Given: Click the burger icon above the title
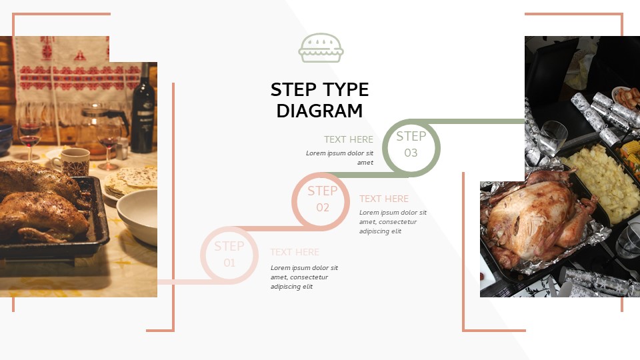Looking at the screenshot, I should pyautogui.click(x=321, y=48).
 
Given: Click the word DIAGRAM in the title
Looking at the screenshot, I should pyautogui.click(x=319, y=111).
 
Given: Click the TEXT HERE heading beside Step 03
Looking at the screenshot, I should pyautogui.click(x=348, y=139).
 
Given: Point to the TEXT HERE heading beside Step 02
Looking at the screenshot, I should pyautogui.click(x=384, y=199).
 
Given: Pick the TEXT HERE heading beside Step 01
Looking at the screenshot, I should pyautogui.click(x=295, y=252).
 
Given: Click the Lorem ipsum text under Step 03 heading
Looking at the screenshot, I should pyautogui.click(x=339, y=157).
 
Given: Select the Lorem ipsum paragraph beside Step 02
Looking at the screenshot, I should pyautogui.click(x=393, y=222).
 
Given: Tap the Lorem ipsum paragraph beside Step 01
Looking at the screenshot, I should pyautogui.click(x=304, y=277).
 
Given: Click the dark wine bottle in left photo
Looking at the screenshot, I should pyautogui.click(x=142, y=110).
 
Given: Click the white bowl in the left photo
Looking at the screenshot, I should pyautogui.click(x=138, y=217).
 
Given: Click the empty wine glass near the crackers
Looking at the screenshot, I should pyautogui.click(x=553, y=137).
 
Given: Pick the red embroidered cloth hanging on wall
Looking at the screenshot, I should pyautogui.click(x=60, y=67).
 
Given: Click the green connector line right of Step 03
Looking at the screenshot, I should pyautogui.click(x=480, y=121).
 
